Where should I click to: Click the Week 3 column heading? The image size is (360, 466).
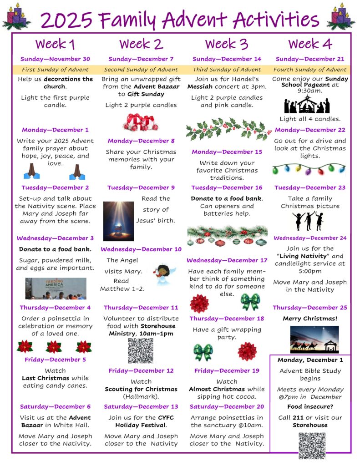tap(227, 44)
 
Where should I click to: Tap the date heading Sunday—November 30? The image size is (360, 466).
tap(55, 59)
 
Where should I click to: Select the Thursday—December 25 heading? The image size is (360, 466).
tap(310, 307)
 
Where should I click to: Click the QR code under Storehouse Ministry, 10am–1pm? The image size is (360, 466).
tap(140, 351)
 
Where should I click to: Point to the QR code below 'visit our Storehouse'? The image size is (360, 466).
tap(312, 446)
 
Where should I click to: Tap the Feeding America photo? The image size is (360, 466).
tap(56, 288)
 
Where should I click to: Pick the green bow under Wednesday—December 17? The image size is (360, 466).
tap(250, 302)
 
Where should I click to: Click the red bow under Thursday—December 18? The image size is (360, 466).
tap(247, 351)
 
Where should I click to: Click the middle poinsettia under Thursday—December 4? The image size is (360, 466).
tap(54, 347)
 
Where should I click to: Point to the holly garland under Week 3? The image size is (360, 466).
tap(227, 129)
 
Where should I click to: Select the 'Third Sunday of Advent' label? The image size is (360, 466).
tap(227, 70)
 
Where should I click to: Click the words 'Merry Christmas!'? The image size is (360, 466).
tap(310, 319)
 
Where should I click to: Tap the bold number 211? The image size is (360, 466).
tap(299, 417)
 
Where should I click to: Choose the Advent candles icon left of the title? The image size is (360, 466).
tap(16, 17)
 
